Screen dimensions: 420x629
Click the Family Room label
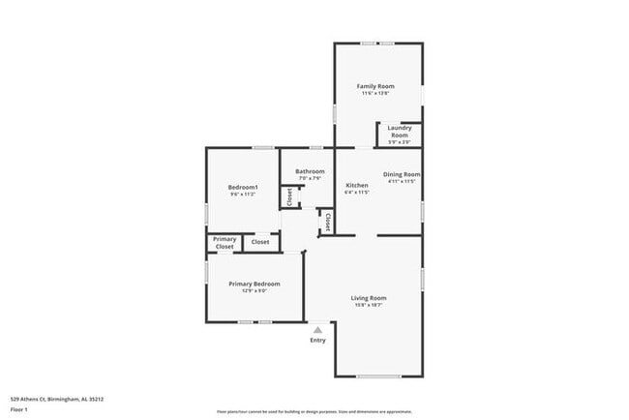(377, 86)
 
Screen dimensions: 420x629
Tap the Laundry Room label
(400, 131)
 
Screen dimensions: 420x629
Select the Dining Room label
(401, 174)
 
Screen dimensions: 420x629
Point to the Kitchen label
(357, 185)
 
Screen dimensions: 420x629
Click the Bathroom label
(310, 171)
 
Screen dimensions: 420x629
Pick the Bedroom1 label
(242, 187)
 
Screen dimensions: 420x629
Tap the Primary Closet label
(225, 242)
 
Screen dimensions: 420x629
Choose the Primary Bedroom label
(254, 284)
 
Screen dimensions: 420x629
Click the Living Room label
(369, 297)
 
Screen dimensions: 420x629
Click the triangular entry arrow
(316, 329)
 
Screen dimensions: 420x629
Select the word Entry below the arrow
(317, 340)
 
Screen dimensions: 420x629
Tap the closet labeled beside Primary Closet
(260, 242)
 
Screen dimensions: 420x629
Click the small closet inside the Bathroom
(289, 197)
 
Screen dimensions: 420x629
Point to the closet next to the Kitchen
(328, 223)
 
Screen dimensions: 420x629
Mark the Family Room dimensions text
(377, 94)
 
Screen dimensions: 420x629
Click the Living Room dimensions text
(369, 305)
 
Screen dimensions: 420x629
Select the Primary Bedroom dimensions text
(254, 291)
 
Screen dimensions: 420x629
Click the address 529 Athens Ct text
(57, 398)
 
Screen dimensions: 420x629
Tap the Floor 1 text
(20, 409)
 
